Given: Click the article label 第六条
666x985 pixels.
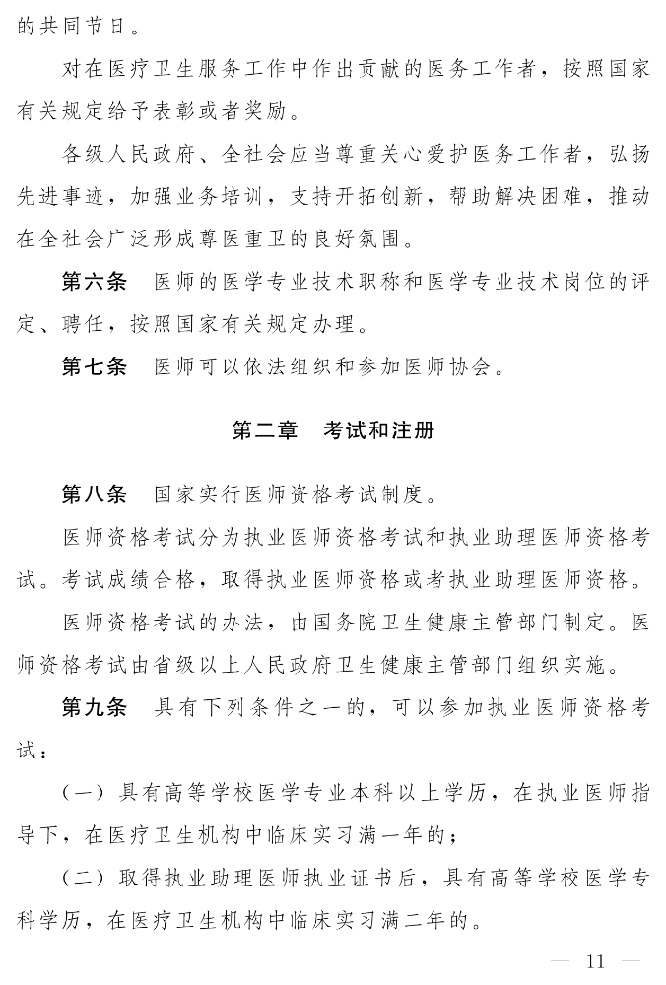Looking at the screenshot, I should coord(94,283).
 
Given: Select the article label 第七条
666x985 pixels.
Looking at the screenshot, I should coord(94,366).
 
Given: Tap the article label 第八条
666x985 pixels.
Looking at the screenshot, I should coord(94,493).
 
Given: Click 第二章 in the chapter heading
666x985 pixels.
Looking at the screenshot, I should coord(264,430).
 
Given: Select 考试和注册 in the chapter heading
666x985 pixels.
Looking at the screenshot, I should coord(378,430).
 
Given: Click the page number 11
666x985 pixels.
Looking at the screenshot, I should coord(594,961).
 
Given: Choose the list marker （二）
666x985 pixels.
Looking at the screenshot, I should coord(86,879).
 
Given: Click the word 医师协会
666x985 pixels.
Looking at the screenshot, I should coord(454,367).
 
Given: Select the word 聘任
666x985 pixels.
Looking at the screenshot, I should coord(87,324).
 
